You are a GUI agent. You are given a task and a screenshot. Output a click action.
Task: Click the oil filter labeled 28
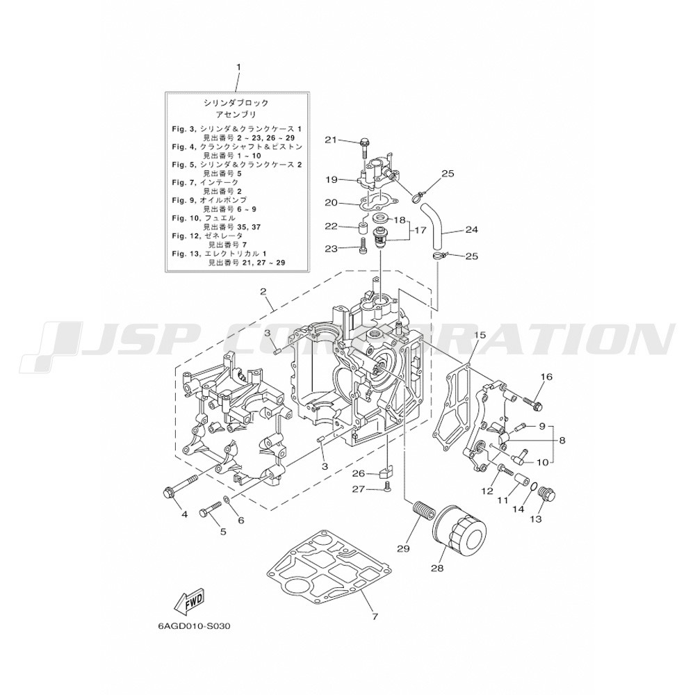(x=460, y=527)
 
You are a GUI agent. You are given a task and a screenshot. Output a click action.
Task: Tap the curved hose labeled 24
(x=436, y=226)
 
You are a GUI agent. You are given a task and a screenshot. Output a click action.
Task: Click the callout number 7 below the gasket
(x=375, y=616)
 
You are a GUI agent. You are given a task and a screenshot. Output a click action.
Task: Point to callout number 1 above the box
(x=238, y=67)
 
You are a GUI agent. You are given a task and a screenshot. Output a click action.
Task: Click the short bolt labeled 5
(x=211, y=507)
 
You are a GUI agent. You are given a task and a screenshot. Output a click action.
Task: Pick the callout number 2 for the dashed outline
(x=263, y=291)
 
